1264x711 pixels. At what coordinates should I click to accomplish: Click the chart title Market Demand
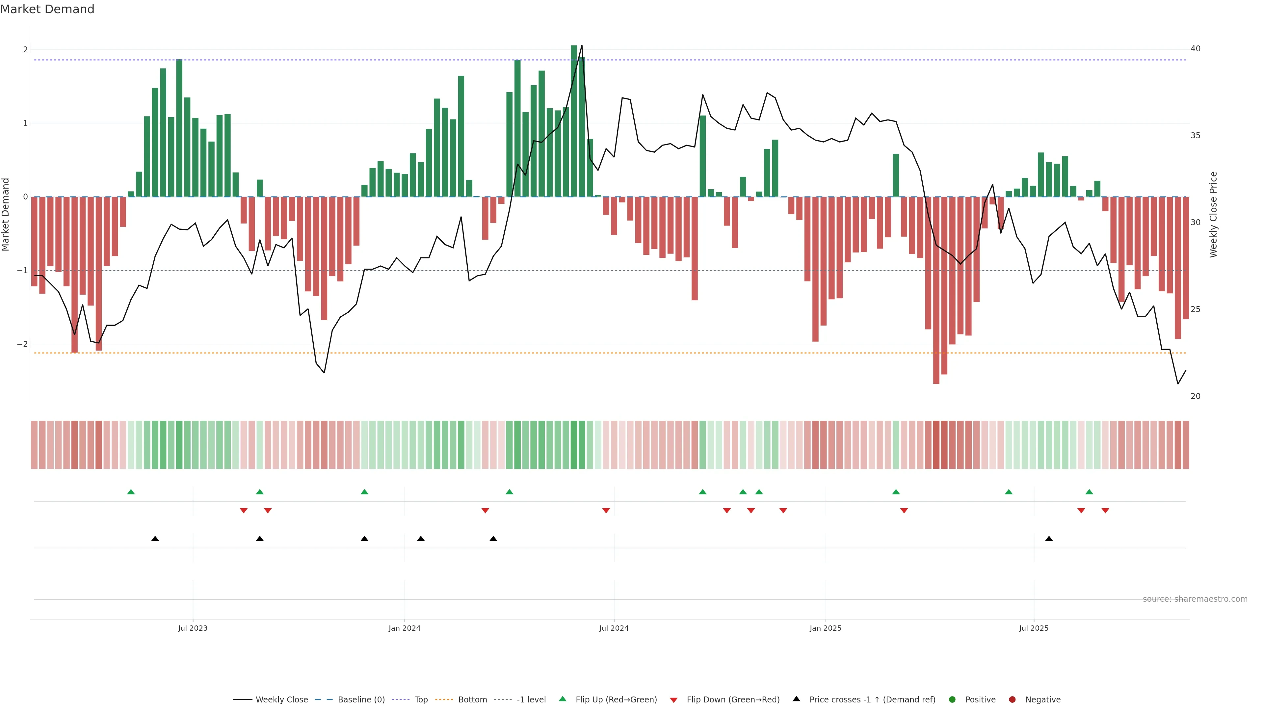47,9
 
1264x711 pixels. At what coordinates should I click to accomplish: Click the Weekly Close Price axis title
1213,214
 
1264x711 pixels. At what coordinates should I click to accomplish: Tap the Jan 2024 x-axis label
404,628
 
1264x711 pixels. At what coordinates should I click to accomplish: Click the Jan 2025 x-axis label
825,628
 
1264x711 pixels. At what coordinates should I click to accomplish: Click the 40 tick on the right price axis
1195,49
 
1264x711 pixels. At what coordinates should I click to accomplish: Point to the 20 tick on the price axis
1195,396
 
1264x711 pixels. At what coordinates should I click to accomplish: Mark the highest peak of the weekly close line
581,46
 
